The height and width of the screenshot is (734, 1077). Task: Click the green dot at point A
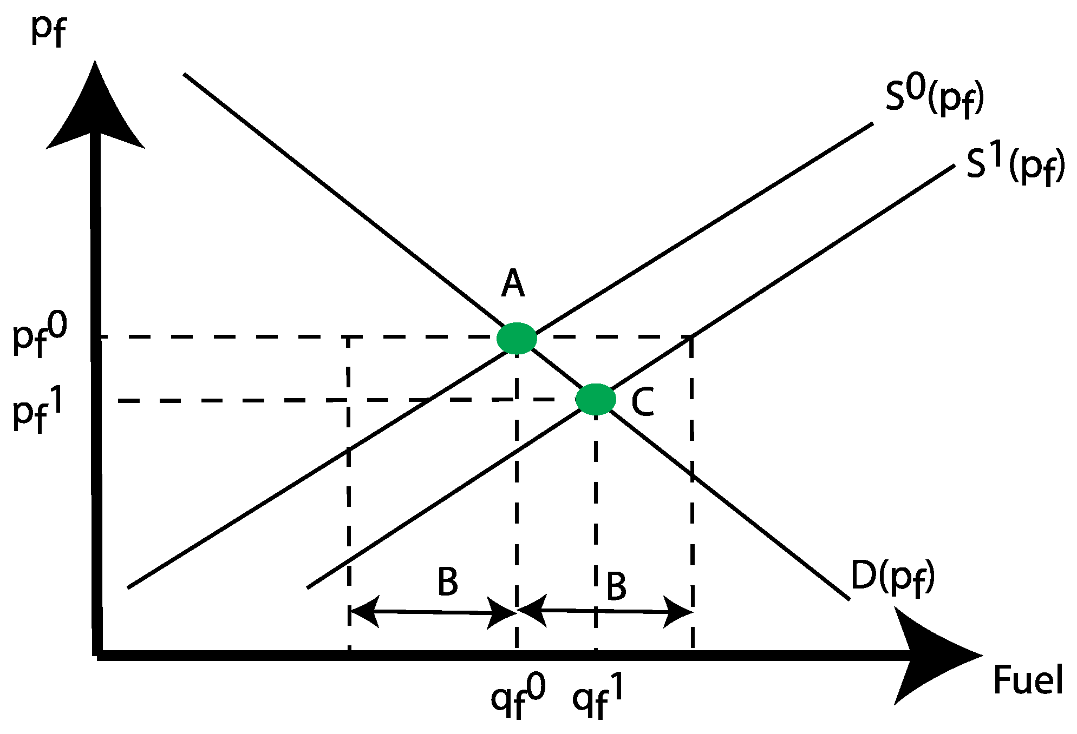coord(517,339)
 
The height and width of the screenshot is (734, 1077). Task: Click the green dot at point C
coord(596,400)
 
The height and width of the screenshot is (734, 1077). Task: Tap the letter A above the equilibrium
coord(513,284)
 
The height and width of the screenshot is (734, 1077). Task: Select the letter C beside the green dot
coord(643,402)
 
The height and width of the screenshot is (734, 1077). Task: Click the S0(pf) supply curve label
coord(934,98)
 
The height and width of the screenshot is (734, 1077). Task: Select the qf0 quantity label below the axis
coord(518,697)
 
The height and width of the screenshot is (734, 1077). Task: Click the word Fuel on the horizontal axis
coord(1028,680)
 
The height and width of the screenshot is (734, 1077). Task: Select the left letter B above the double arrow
coord(448,582)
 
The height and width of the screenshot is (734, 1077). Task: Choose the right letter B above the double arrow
coord(616,586)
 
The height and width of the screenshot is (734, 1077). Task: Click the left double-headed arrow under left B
coord(433,612)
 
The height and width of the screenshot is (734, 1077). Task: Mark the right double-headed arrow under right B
coord(605,611)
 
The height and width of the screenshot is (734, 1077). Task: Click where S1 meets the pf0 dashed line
coord(691,337)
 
